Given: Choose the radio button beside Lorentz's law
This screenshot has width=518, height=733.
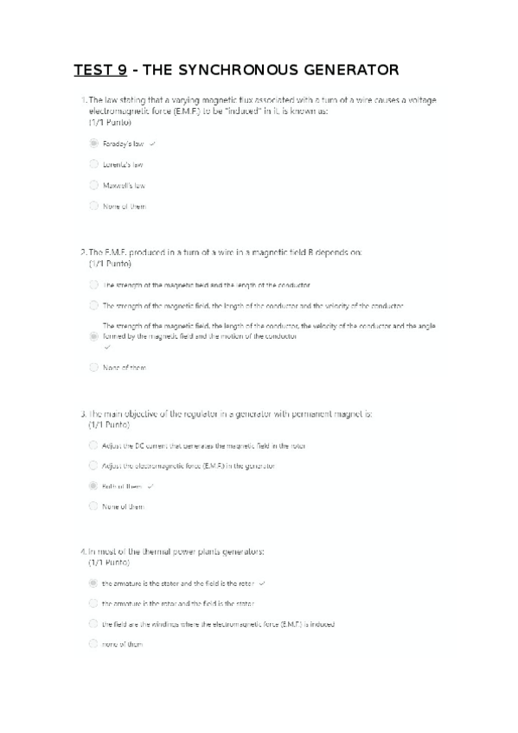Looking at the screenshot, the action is click(x=93, y=163).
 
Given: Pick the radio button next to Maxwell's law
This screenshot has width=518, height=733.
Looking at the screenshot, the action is click(x=93, y=184).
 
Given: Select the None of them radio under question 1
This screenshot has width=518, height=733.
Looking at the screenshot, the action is click(x=93, y=206).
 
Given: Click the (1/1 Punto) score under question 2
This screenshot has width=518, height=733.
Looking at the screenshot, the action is click(x=109, y=263).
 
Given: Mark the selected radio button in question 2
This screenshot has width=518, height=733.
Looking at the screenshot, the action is click(x=93, y=335).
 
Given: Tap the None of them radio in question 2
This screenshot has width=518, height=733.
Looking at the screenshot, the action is click(x=93, y=366).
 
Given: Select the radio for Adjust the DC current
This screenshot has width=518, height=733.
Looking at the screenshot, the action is click(x=93, y=445).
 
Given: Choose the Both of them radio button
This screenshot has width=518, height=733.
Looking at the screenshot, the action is click(x=93, y=487).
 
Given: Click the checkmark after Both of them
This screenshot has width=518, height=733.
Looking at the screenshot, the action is click(x=150, y=487).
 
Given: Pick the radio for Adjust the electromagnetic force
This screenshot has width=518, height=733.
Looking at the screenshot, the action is click(x=93, y=465).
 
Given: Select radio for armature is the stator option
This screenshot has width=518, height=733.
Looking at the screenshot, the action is click(x=93, y=583).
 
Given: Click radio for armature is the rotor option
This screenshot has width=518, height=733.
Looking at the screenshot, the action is click(x=93, y=603).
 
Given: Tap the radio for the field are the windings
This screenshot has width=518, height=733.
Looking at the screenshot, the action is click(x=93, y=623).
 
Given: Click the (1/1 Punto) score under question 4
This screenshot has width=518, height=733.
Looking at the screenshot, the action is click(x=109, y=562).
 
